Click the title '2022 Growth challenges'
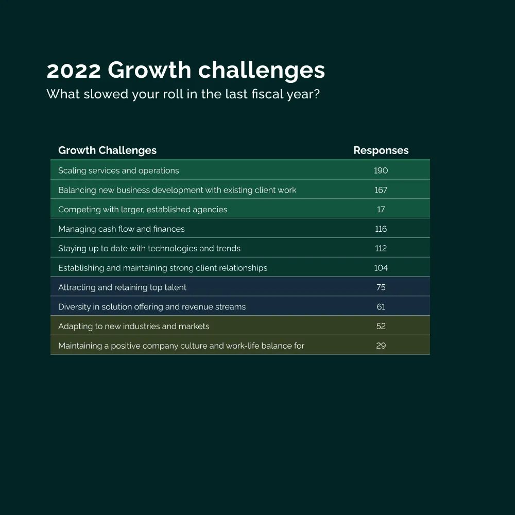(x=185, y=71)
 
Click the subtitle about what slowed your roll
(x=183, y=95)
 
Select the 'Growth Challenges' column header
(x=107, y=150)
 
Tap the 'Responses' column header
(x=381, y=150)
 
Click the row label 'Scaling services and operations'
(x=118, y=170)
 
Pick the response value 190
(x=381, y=170)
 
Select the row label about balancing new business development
(x=177, y=190)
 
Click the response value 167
(x=381, y=190)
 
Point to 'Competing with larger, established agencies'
(x=143, y=210)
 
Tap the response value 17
(x=381, y=210)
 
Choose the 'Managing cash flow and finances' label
(x=121, y=229)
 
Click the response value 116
(x=381, y=229)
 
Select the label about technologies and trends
(x=149, y=249)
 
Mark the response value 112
(x=381, y=249)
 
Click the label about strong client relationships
(x=163, y=268)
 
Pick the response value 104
(x=381, y=268)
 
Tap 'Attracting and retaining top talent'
(x=122, y=287)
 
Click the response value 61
(x=381, y=307)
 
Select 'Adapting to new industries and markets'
(x=134, y=327)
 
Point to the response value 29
(x=381, y=346)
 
